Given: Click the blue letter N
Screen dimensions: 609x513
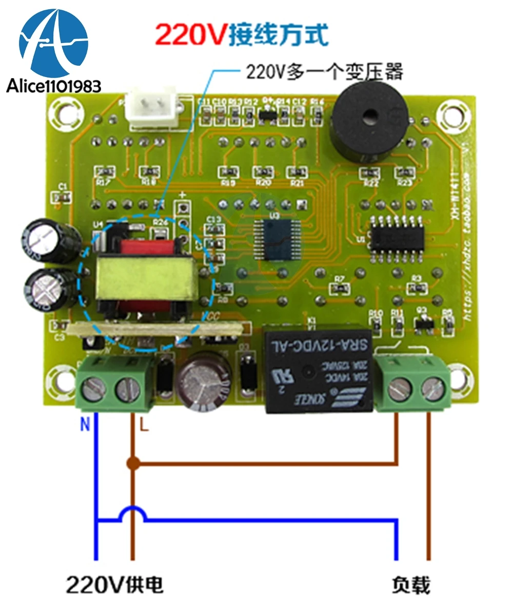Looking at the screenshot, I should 86,425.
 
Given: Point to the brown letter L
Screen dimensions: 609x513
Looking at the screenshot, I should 144,426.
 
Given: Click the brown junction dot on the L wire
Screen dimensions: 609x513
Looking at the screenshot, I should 133,464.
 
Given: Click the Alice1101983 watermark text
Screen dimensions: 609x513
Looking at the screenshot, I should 54,86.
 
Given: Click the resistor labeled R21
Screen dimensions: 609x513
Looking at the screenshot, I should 297,172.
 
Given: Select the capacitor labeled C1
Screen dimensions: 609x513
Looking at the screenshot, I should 63,196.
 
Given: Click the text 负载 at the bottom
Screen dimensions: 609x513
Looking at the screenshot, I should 410,584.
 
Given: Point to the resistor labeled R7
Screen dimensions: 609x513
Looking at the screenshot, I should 339,288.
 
